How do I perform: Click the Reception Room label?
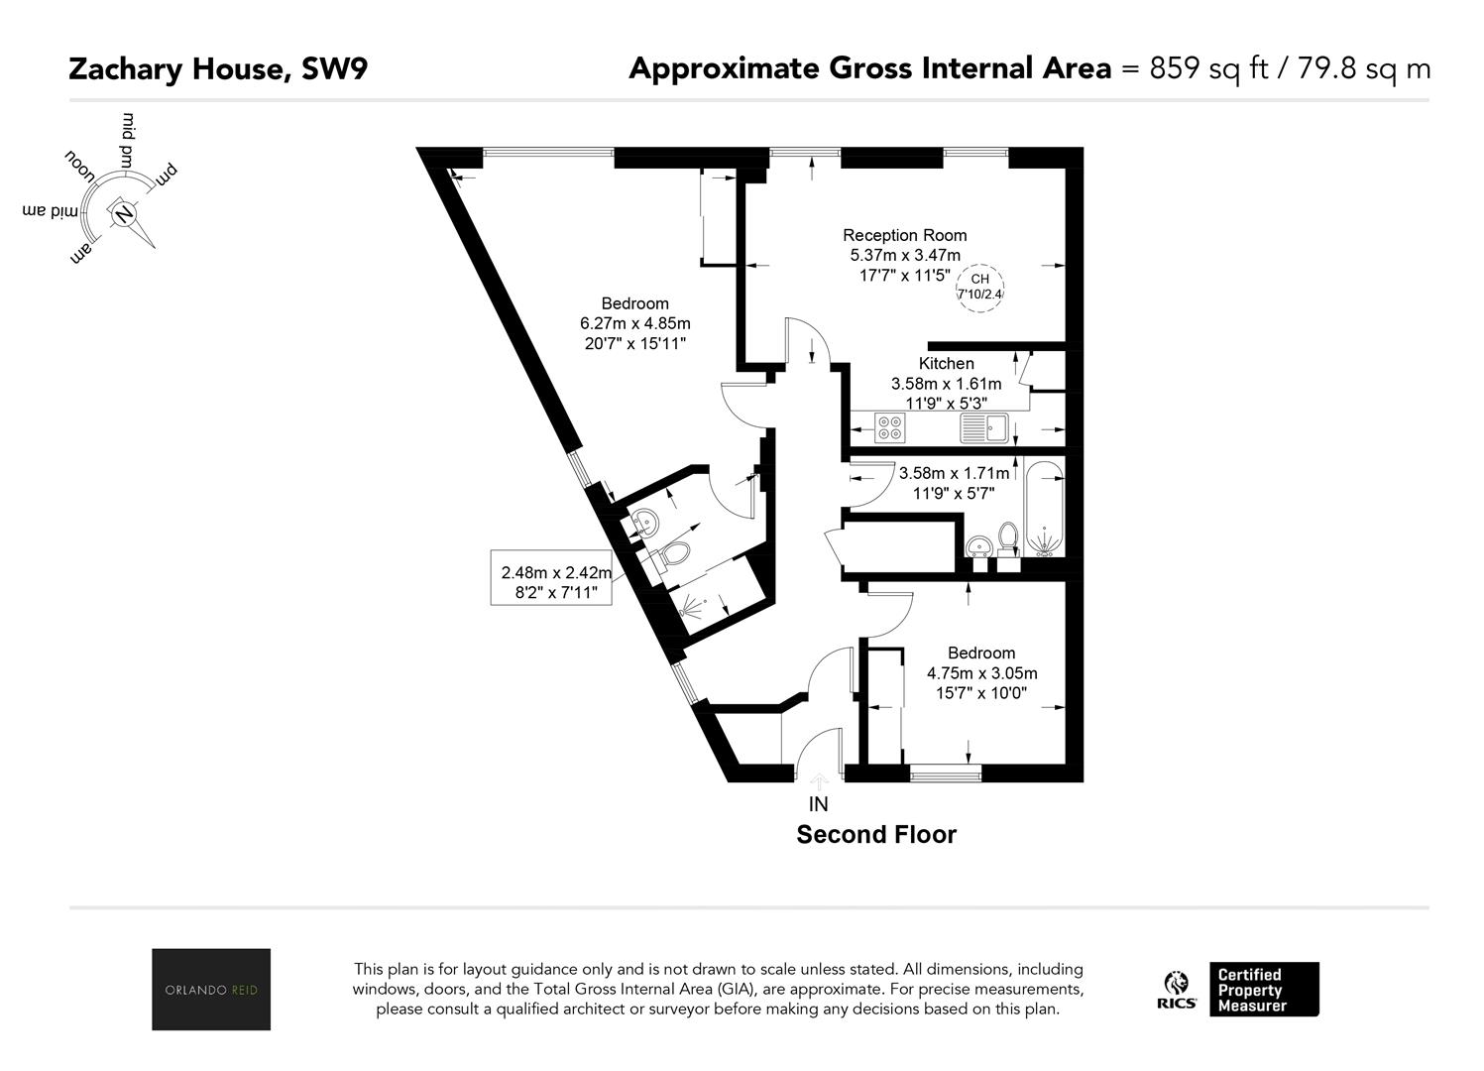pyautogui.click(x=904, y=235)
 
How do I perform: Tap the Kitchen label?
pyautogui.click(x=946, y=363)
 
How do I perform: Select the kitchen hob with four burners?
pyautogui.click(x=890, y=427)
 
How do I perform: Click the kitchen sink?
pyautogui.click(x=983, y=427)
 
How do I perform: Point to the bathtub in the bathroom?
pyautogui.click(x=1044, y=509)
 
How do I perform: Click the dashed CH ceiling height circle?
pyautogui.click(x=979, y=288)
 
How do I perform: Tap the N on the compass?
pyautogui.click(x=123, y=214)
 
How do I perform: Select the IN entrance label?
pyautogui.click(x=818, y=804)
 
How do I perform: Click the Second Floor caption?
pyautogui.click(x=875, y=834)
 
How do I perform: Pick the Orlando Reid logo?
pyautogui.click(x=211, y=990)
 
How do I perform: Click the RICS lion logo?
pyautogui.click(x=1176, y=990)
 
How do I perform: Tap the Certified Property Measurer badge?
pyautogui.click(x=1264, y=990)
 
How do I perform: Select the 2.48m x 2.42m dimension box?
pyautogui.click(x=551, y=577)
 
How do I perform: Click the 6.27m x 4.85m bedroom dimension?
pyautogui.click(x=634, y=324)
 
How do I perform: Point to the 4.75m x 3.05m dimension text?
pyautogui.click(x=981, y=673)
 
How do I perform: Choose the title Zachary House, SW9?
pyautogui.click(x=218, y=69)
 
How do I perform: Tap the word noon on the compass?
pyautogui.click(x=80, y=167)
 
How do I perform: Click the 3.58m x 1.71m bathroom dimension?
pyautogui.click(x=954, y=473)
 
